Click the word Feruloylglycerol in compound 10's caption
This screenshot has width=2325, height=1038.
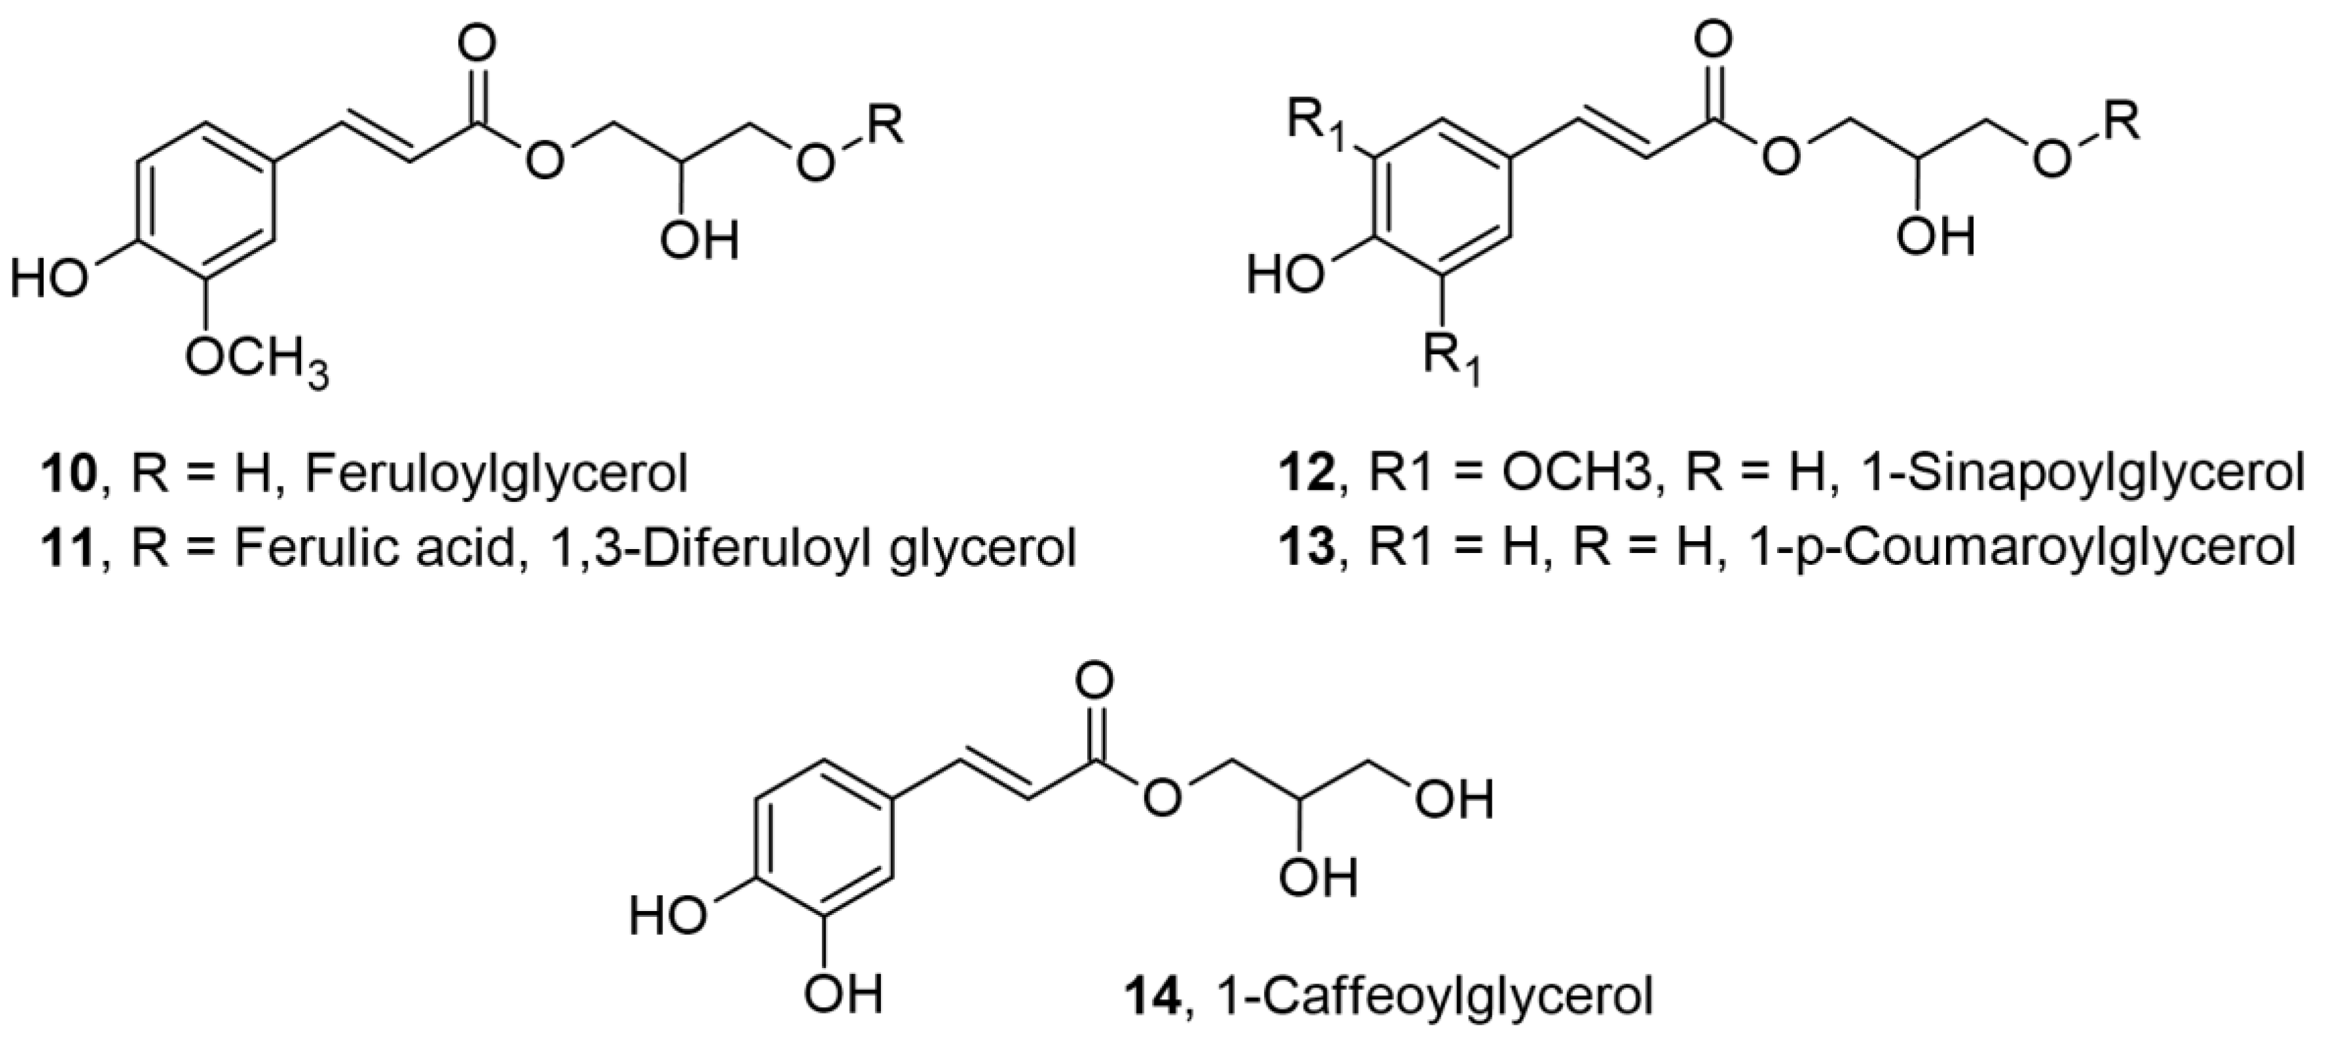pos(496,474)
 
